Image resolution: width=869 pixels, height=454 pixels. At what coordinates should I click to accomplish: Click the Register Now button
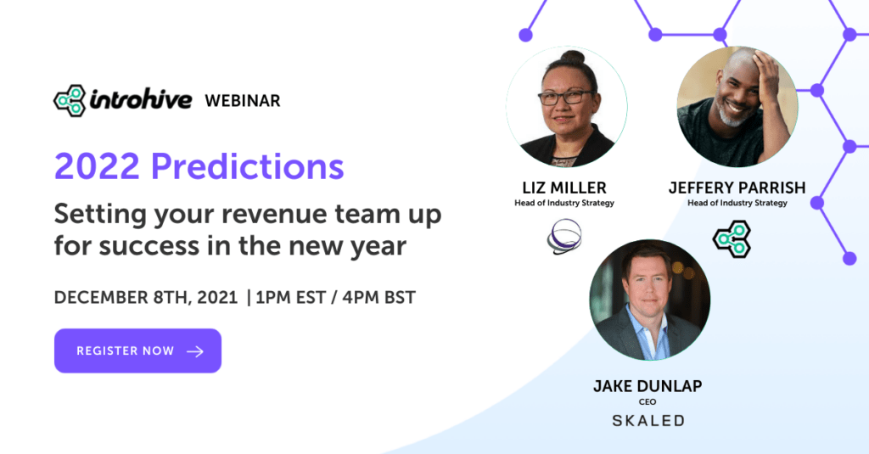coord(137,350)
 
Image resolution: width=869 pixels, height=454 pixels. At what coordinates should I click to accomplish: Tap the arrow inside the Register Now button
coord(195,351)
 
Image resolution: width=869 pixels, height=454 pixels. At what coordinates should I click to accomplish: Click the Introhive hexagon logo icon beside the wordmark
coord(70,101)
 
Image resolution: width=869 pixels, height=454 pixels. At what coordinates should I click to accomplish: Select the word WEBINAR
coord(242,101)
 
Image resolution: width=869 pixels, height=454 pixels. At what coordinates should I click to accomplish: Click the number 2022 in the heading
coord(97,166)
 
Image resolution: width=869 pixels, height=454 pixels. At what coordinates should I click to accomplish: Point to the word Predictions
coord(247,166)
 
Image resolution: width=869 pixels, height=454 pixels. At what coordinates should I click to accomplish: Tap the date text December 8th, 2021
coord(146,298)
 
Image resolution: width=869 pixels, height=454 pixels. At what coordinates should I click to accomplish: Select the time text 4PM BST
coord(379,298)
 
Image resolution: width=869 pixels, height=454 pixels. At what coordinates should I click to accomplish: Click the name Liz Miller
coord(564,188)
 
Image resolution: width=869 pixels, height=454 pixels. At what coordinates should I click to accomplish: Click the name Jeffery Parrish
coord(737,188)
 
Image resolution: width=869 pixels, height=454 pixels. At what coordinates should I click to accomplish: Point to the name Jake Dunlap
coord(648,386)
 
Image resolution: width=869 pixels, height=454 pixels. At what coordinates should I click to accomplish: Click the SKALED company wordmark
coord(648,421)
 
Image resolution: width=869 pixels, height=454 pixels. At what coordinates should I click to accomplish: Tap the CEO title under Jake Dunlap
coord(648,402)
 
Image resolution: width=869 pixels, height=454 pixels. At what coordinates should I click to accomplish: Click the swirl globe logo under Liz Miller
coord(564,237)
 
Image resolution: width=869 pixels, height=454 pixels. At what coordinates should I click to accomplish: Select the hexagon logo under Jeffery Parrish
coord(732,239)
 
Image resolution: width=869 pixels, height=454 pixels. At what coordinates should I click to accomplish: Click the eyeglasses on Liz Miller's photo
coord(566,98)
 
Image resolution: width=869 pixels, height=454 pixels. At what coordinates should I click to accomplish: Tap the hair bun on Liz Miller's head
coord(573,57)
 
